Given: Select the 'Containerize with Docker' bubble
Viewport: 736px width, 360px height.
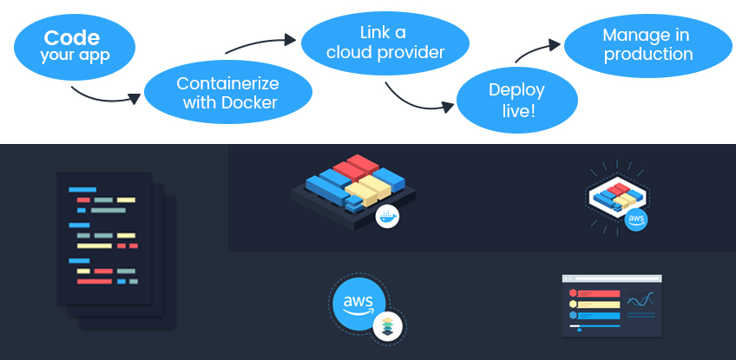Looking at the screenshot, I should (x=227, y=93).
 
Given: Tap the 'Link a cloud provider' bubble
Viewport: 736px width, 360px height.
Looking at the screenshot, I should (x=384, y=43).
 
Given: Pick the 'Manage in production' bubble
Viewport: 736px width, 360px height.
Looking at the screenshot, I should (x=647, y=44).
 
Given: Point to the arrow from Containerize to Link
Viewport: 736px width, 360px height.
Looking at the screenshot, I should (x=260, y=44).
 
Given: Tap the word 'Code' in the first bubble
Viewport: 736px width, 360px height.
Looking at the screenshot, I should (x=72, y=37).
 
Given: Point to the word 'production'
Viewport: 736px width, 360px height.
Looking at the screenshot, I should (x=648, y=55).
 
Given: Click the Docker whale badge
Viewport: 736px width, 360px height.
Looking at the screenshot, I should (x=387, y=217).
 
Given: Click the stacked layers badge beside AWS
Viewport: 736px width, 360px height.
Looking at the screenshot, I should (x=388, y=325).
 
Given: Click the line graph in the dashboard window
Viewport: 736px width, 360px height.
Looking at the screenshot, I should (x=641, y=301).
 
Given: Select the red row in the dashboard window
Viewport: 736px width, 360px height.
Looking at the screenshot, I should (x=598, y=293).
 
